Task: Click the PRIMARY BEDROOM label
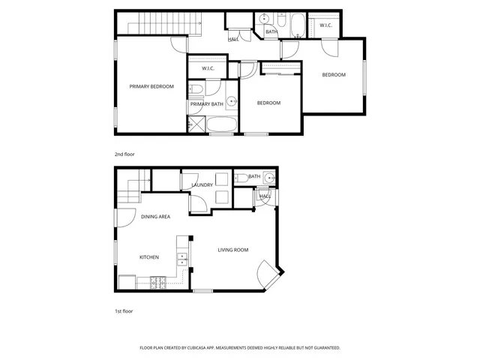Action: [151, 87]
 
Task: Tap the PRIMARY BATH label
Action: [205, 104]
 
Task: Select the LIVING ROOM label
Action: [233, 250]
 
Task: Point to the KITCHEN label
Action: [149, 257]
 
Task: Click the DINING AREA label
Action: [155, 217]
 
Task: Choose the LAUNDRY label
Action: [202, 184]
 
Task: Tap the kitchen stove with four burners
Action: [159, 283]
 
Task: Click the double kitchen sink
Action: [181, 259]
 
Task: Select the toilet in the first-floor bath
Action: [242, 179]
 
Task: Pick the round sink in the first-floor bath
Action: [269, 178]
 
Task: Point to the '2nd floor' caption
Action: [124, 154]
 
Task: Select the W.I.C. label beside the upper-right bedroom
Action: [325, 25]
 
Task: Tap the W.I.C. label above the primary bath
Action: [208, 70]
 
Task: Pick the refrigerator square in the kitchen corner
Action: [127, 283]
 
